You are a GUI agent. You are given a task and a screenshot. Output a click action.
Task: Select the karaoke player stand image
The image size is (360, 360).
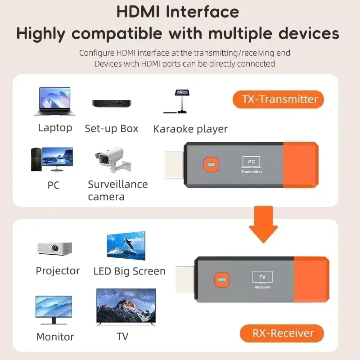[x=181, y=102]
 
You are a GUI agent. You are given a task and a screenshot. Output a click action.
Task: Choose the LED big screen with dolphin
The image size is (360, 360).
[x=126, y=245]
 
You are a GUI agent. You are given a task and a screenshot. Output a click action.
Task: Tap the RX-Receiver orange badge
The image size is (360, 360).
[x=282, y=333]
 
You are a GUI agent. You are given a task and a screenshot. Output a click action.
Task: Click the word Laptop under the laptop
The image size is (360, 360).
[x=55, y=128]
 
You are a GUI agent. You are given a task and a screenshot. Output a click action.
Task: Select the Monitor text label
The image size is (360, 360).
[x=55, y=337]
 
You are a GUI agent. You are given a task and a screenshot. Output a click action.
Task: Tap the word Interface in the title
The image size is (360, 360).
[x=202, y=12]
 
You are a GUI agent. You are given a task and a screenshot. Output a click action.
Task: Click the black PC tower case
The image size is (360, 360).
[x=36, y=159]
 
